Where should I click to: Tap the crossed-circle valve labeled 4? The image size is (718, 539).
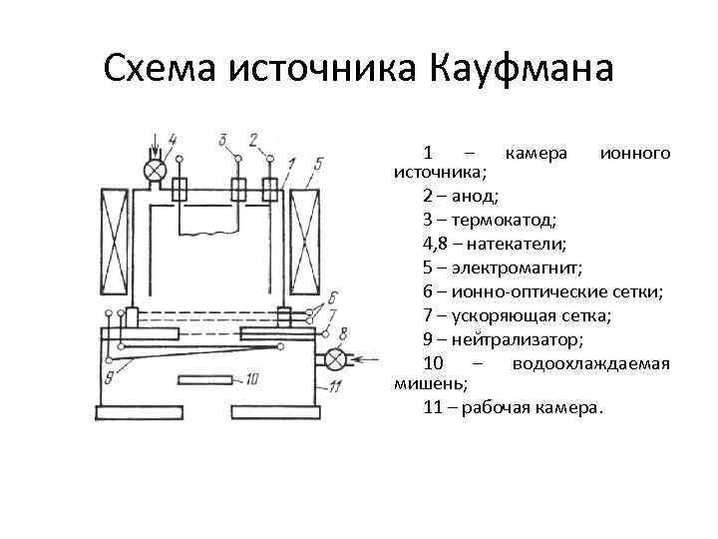click(154, 171)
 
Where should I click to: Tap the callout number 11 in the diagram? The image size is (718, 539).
click(335, 386)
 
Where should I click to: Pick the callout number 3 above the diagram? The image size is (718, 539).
click(222, 139)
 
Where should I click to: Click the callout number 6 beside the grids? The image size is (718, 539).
click(332, 296)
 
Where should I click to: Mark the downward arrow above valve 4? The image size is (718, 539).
click(153, 143)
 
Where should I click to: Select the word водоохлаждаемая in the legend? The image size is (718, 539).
click(590, 362)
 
